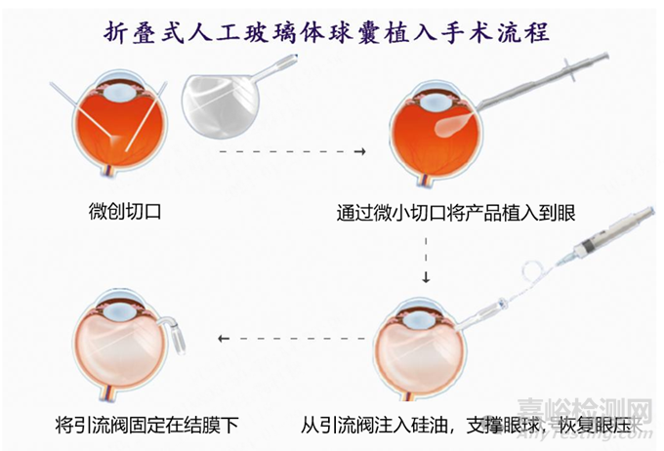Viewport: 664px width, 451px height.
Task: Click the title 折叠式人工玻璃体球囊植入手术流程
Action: (327, 32)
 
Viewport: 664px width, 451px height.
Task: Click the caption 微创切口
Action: (125, 211)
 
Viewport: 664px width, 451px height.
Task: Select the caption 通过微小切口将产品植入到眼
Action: (456, 213)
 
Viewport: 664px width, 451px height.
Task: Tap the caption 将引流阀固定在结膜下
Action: (146, 425)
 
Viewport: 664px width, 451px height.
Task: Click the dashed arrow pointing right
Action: (292, 151)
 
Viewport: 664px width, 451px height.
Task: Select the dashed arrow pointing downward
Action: (426, 260)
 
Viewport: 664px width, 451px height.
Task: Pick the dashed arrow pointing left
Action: (292, 339)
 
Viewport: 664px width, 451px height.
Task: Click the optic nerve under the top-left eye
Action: (106, 174)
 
